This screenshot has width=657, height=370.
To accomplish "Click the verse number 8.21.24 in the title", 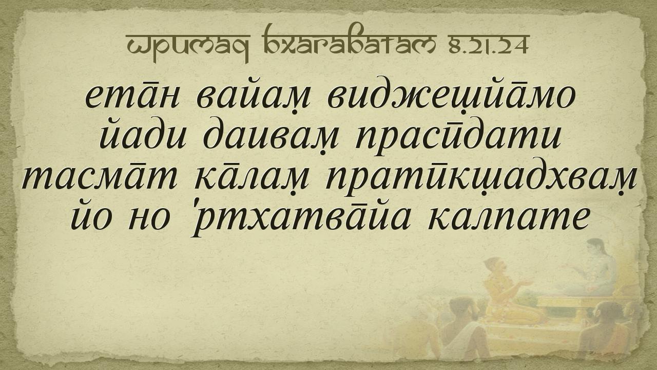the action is (489, 45).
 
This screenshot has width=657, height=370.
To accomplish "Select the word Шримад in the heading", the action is (188, 47).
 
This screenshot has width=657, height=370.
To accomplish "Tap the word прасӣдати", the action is (458, 136).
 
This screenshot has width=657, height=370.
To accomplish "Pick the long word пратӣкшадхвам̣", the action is (481, 179).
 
